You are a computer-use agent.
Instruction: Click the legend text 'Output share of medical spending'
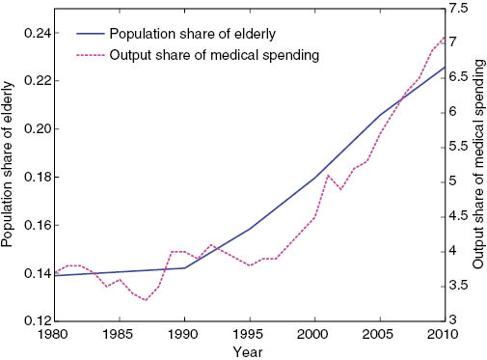tap(214, 55)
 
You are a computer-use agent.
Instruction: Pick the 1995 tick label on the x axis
tap(248, 333)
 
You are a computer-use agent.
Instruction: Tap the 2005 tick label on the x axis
tap(377, 333)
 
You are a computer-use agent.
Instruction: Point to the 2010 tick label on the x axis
tap(442, 333)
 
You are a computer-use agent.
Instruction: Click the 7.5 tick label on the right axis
tap(461, 9)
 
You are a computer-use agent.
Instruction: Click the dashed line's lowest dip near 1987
tap(146, 300)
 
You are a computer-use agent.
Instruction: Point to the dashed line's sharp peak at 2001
tap(328, 175)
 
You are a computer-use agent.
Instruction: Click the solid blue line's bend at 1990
tap(184, 267)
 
